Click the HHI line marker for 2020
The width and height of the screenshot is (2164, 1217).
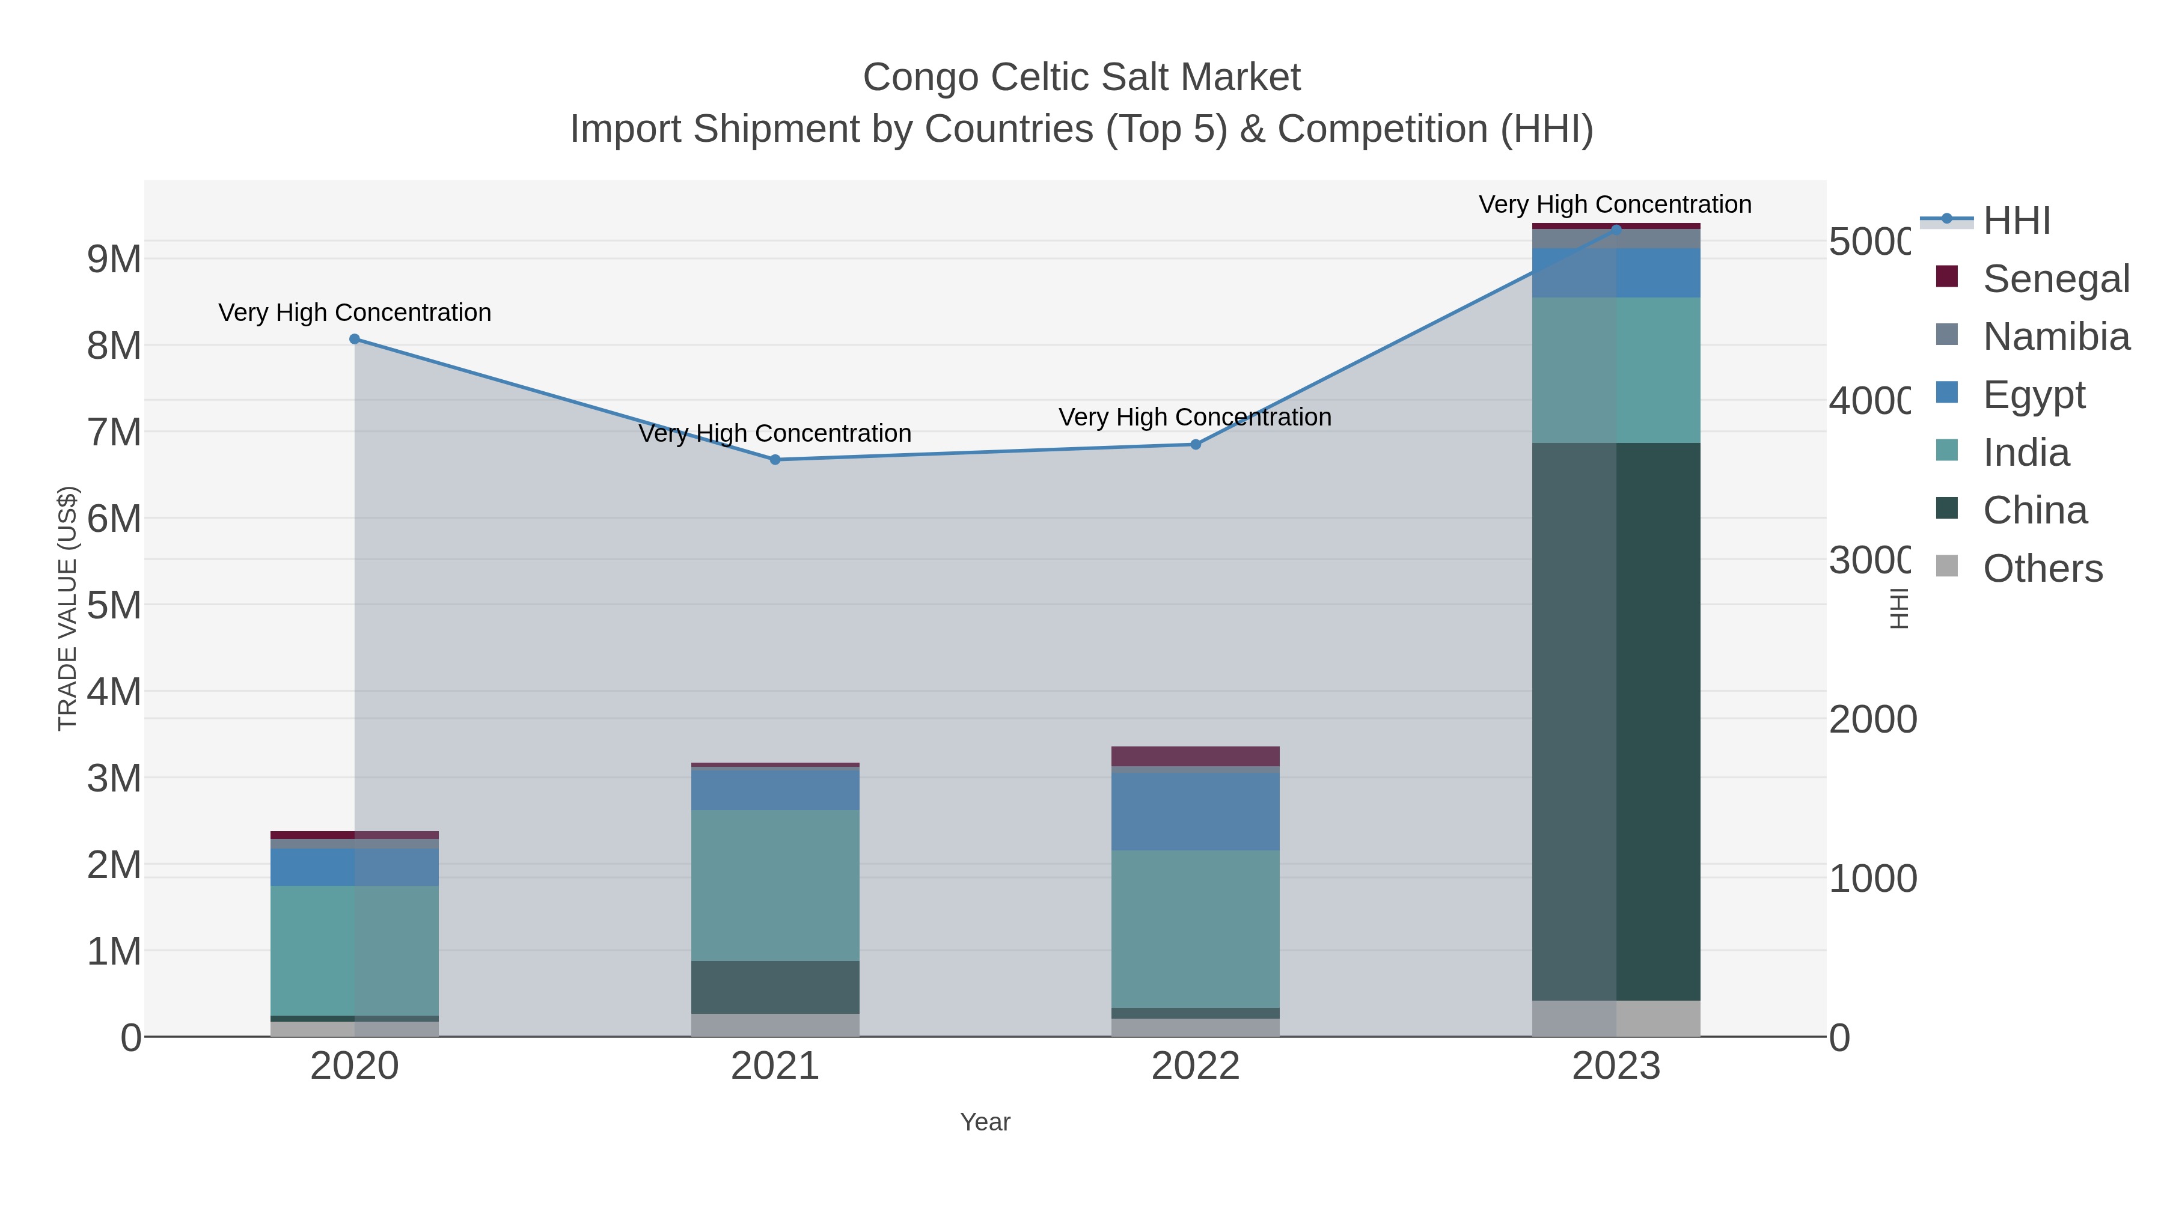(x=355, y=340)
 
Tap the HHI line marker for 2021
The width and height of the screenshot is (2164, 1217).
(x=775, y=459)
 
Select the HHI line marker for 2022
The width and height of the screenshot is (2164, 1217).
(x=1196, y=444)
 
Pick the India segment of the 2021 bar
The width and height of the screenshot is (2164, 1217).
(x=775, y=885)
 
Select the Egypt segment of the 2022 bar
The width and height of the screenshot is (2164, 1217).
(x=1196, y=811)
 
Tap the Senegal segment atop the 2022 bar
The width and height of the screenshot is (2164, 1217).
(x=1196, y=756)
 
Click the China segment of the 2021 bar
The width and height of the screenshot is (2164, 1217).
(x=775, y=987)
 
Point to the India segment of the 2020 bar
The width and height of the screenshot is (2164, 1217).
(x=355, y=951)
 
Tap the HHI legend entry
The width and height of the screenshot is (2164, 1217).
(x=2016, y=221)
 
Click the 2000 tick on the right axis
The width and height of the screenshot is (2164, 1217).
(x=1872, y=720)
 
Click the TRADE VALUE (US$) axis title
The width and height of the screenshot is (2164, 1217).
(x=67, y=608)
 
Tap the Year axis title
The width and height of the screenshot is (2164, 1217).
(x=985, y=1122)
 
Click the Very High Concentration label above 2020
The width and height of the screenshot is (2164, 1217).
(x=355, y=313)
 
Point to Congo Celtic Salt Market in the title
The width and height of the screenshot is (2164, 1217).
(x=1081, y=78)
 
